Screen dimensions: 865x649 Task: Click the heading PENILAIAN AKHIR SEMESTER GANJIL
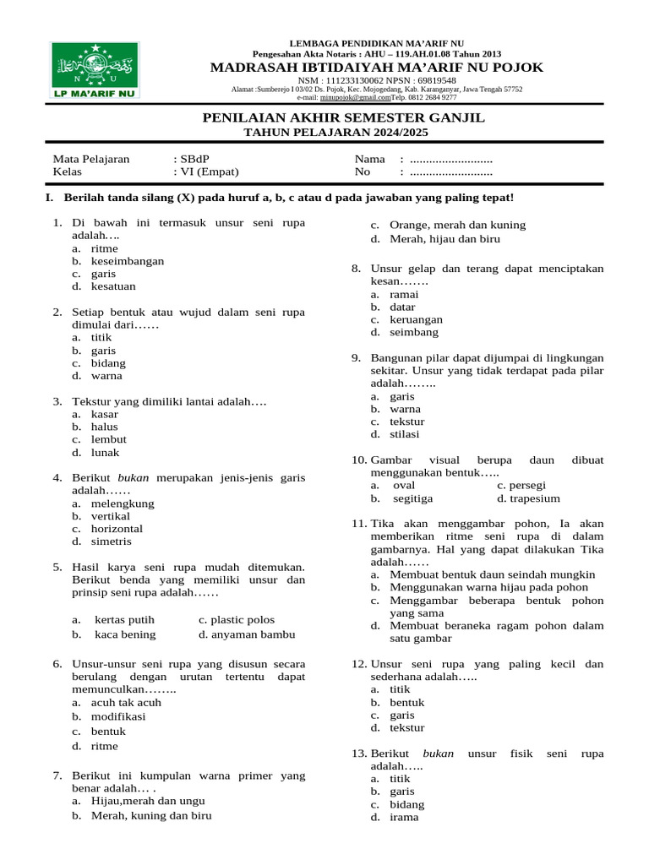click(344, 117)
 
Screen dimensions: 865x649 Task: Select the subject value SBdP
click(192, 159)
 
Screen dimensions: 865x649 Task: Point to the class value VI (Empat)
click(209, 171)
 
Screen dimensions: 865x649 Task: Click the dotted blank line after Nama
click(450, 160)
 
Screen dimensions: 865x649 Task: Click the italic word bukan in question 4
click(133, 477)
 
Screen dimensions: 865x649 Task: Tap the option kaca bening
click(124, 634)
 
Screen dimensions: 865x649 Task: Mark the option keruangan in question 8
click(415, 319)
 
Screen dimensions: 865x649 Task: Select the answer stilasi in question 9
click(405, 434)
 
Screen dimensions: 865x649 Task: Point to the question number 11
click(358, 524)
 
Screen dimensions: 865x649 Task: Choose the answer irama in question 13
click(403, 817)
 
